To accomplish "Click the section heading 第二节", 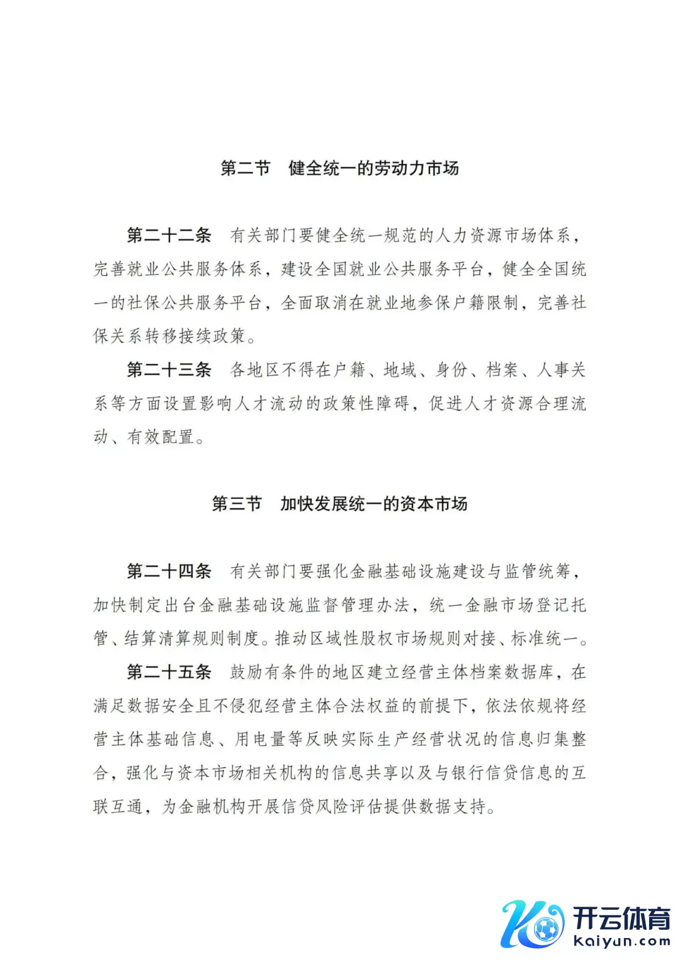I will click(x=246, y=168).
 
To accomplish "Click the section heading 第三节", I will click(x=237, y=504).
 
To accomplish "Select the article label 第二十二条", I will click(x=169, y=236).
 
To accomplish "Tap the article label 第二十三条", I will click(x=169, y=370).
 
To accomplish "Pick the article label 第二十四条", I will click(x=169, y=571).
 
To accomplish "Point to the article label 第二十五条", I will click(x=169, y=672).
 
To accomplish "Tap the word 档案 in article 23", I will click(x=502, y=370).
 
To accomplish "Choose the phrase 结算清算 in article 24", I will click(x=157, y=639).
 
